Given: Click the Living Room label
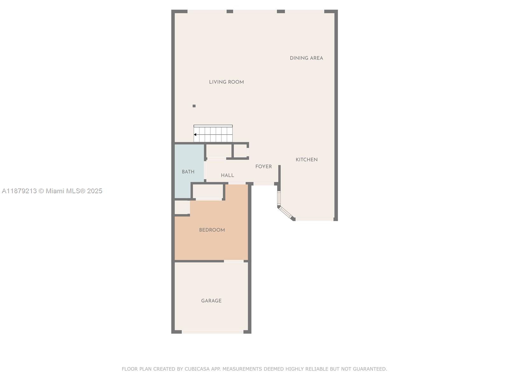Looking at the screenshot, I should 226,82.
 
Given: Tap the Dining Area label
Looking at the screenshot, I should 306,58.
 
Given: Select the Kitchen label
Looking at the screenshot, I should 306,160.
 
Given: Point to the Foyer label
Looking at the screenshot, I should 263,166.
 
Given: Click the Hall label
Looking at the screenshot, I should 227,175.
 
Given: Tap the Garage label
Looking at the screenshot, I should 211,301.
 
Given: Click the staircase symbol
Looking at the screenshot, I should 213,134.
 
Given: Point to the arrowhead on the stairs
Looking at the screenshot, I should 195,135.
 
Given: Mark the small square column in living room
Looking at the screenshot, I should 194,106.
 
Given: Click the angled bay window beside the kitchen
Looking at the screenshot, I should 285,212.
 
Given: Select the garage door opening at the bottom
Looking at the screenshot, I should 213,332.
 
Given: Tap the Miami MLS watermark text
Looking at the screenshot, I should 52,191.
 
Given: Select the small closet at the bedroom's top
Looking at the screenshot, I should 208,192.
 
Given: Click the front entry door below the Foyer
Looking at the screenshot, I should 264,184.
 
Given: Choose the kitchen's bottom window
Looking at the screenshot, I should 314,219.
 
